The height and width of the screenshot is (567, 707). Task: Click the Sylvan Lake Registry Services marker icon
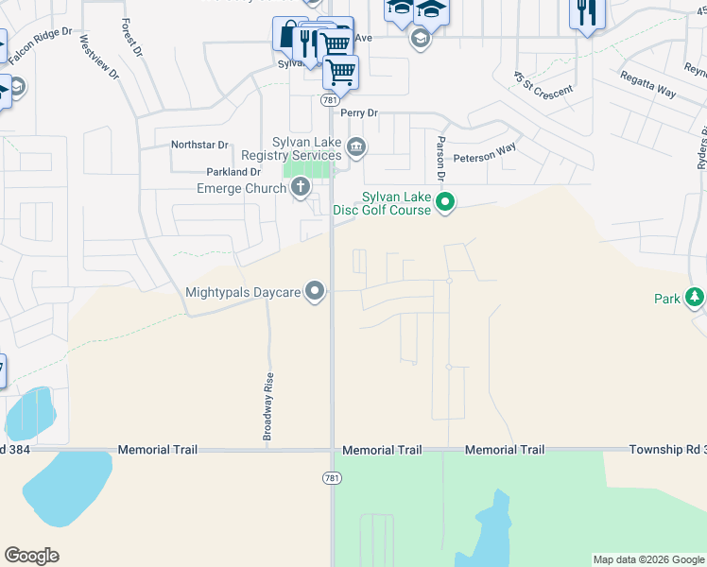357,146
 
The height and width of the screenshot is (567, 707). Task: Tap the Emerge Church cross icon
301,187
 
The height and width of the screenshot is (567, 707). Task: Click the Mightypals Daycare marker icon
316,292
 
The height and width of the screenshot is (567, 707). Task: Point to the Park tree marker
695,298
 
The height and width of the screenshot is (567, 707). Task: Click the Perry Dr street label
359,112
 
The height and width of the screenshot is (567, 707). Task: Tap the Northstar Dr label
199,145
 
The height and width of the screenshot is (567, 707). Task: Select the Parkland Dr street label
233,172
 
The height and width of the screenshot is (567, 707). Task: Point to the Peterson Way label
485,152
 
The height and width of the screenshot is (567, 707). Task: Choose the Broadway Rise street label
267,405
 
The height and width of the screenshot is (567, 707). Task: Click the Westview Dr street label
99,57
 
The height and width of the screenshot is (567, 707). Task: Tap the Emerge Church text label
241,188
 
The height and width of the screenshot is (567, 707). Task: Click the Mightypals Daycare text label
244,292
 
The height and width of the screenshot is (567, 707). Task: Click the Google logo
32,556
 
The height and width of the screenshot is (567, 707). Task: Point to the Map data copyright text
648,559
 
